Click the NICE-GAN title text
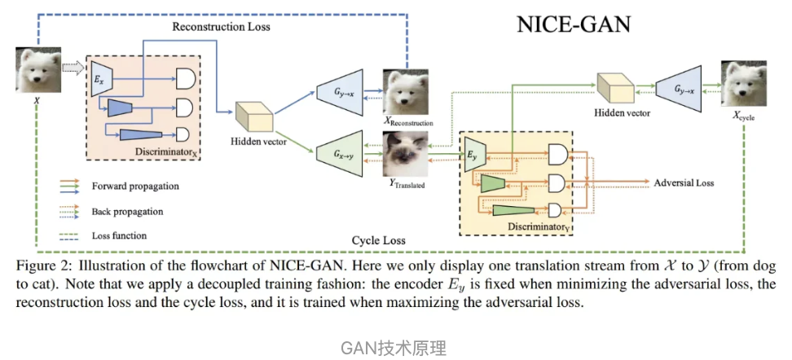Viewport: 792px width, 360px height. click(574, 24)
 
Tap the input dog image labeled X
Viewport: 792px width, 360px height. click(37, 69)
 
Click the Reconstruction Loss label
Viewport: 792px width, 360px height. click(221, 27)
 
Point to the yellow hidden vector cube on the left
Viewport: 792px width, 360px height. click(252, 116)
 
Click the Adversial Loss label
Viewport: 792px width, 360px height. click(684, 182)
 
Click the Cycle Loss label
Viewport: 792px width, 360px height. click(378, 241)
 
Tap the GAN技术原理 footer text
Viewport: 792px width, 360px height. click(394, 348)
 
